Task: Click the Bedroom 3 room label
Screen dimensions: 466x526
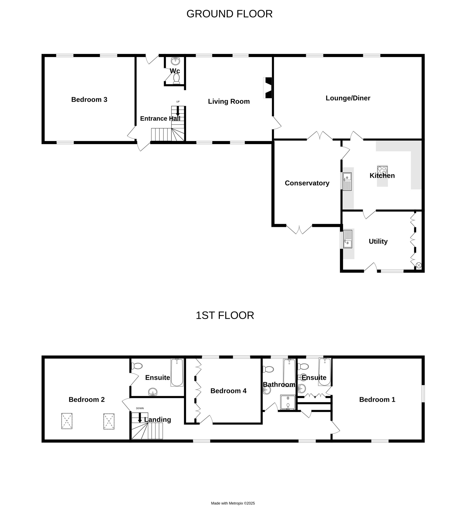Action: tap(89, 100)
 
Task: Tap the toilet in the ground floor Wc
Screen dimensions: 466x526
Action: tap(177, 79)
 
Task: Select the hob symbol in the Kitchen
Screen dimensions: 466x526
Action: tap(382, 171)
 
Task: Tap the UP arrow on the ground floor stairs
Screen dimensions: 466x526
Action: tap(178, 111)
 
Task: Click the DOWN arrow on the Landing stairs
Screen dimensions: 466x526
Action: tap(140, 417)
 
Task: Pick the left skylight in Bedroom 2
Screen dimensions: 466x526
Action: tap(67, 421)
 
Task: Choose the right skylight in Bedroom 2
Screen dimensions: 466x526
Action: tap(109, 421)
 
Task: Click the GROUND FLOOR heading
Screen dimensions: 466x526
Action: tap(229, 14)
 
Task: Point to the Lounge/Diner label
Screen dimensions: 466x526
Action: tap(348, 98)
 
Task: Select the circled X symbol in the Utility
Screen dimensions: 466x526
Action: tap(419, 265)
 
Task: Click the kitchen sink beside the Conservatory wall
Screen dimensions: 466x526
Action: tap(347, 181)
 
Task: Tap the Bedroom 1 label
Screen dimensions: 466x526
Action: tap(377, 399)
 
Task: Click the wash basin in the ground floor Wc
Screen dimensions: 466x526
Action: tap(175, 61)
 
